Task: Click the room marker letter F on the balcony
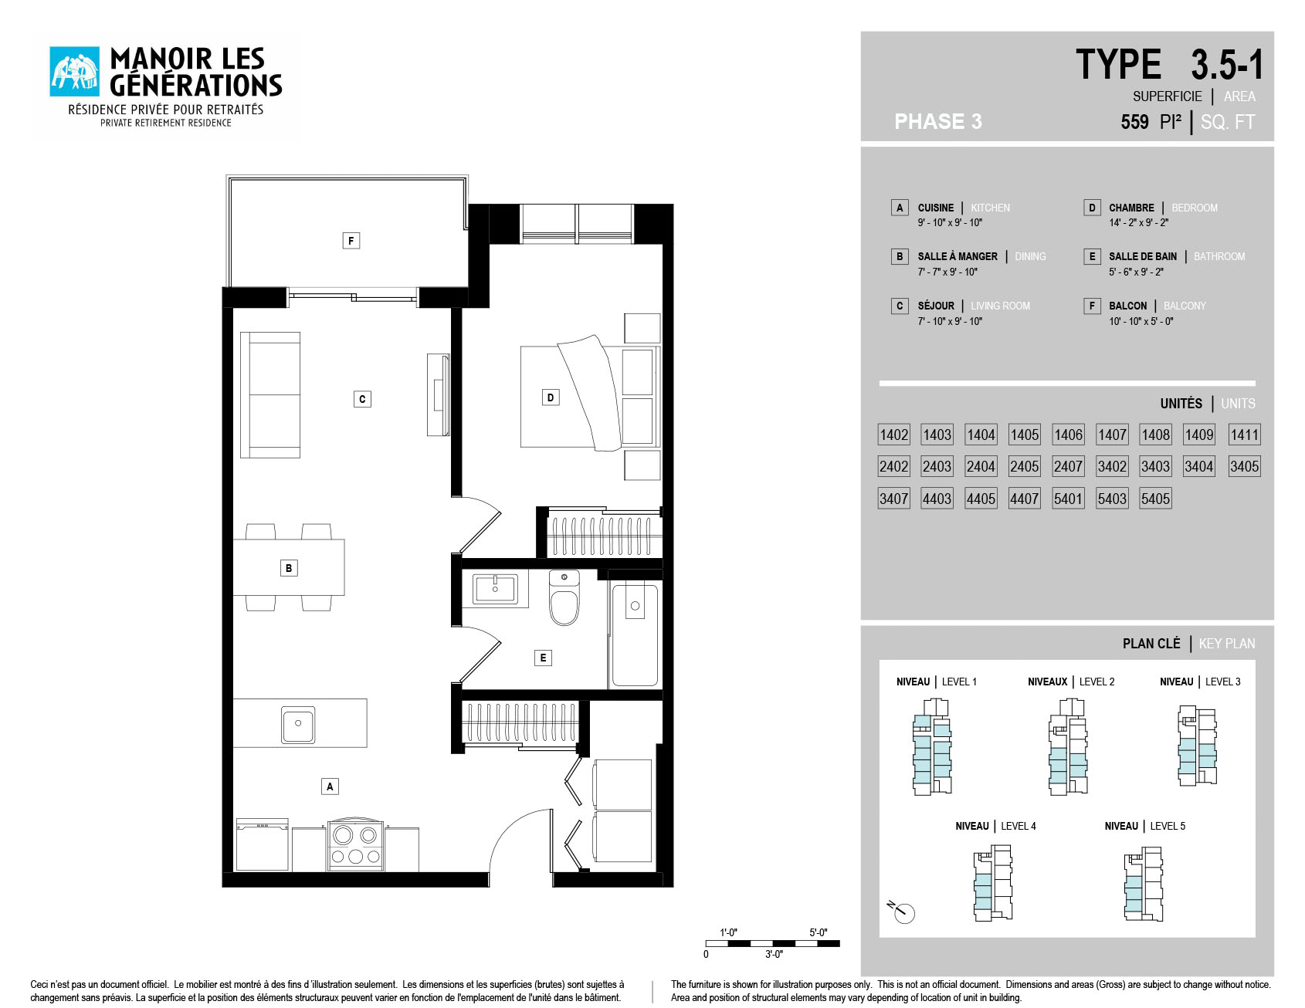click(351, 241)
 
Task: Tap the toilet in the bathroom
click(564, 598)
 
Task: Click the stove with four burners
click(356, 844)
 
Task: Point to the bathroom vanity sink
click(495, 589)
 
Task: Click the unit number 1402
click(894, 435)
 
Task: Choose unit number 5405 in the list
click(1156, 499)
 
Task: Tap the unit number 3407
click(894, 499)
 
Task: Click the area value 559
click(1134, 122)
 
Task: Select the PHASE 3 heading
click(938, 121)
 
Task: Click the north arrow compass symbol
click(901, 912)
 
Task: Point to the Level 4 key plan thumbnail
click(993, 883)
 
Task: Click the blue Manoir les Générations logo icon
click(75, 72)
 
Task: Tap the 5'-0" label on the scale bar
click(819, 932)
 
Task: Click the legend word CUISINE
click(936, 208)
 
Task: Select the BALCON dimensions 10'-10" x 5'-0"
click(1141, 321)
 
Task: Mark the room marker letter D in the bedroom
click(551, 397)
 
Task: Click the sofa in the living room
click(270, 395)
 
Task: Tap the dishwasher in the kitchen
click(262, 845)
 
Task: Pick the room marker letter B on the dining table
click(289, 568)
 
